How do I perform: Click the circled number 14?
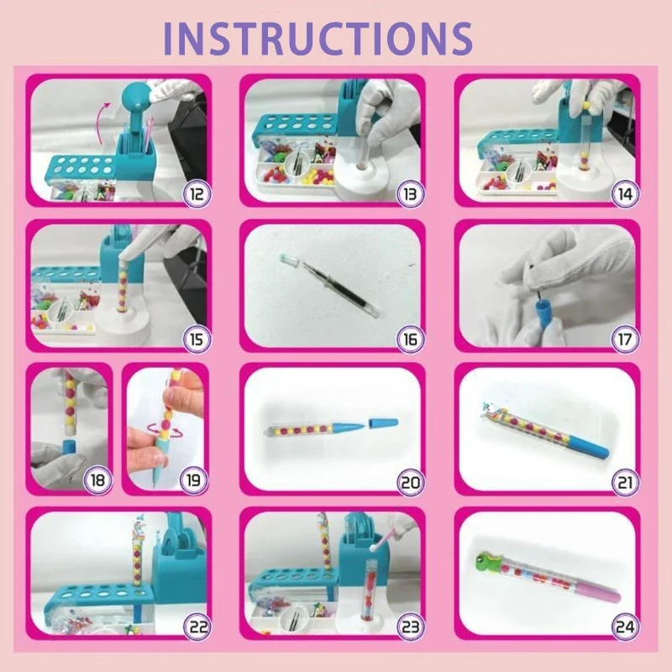pyautogui.click(x=624, y=194)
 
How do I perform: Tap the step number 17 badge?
pyautogui.click(x=624, y=339)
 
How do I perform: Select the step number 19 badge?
pyautogui.click(x=195, y=481)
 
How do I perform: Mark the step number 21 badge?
pyautogui.click(x=624, y=482)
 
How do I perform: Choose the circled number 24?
pyautogui.click(x=624, y=626)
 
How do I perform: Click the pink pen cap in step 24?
pyautogui.click(x=598, y=596)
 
